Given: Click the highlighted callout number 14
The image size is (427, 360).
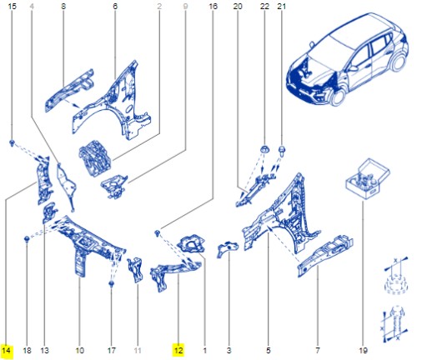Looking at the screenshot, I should point(7,350).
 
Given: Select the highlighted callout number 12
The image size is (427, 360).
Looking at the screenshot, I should point(178,350).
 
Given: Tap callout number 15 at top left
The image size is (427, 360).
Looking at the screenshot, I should point(12,7).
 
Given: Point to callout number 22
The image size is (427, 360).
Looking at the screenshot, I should point(264,7).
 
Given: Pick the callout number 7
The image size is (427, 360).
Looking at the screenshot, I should point(319,350).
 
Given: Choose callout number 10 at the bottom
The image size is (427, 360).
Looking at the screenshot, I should point(79,350).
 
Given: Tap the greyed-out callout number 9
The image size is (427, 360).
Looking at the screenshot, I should point(184,7).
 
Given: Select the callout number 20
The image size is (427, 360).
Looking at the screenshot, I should point(238,7).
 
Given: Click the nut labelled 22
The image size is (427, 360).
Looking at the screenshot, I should point(264,150).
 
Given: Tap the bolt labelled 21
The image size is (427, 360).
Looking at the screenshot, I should point(281,152).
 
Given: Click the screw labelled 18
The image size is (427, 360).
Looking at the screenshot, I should point(28,240).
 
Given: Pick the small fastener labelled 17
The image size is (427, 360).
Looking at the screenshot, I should point(111,283).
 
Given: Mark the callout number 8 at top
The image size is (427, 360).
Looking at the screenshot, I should point(63,7).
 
